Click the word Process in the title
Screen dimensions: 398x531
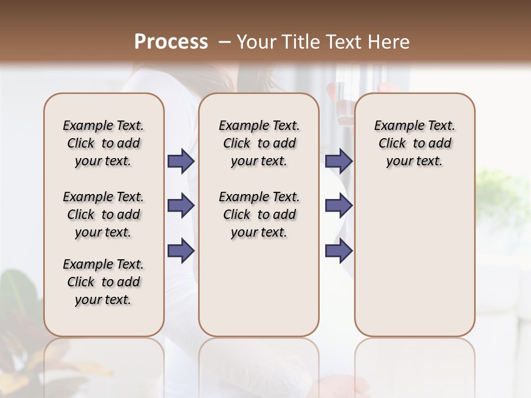(171, 42)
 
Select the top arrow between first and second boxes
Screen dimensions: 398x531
(181, 161)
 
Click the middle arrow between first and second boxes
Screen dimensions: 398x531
(181, 206)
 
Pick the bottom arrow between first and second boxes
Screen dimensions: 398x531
(181, 250)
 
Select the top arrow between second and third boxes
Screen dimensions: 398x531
(339, 161)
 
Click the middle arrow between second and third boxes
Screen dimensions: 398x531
(339, 206)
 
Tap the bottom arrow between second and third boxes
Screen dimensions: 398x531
(339, 250)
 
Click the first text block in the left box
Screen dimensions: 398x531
(103, 143)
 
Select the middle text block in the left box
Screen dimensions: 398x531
(103, 214)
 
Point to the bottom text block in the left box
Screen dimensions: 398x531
(103, 282)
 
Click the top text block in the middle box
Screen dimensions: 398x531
(259, 143)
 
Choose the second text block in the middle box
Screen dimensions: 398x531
(259, 214)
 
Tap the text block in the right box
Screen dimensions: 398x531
(414, 143)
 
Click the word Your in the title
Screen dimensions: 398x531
(256, 42)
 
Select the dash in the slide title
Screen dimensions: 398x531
(224, 42)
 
